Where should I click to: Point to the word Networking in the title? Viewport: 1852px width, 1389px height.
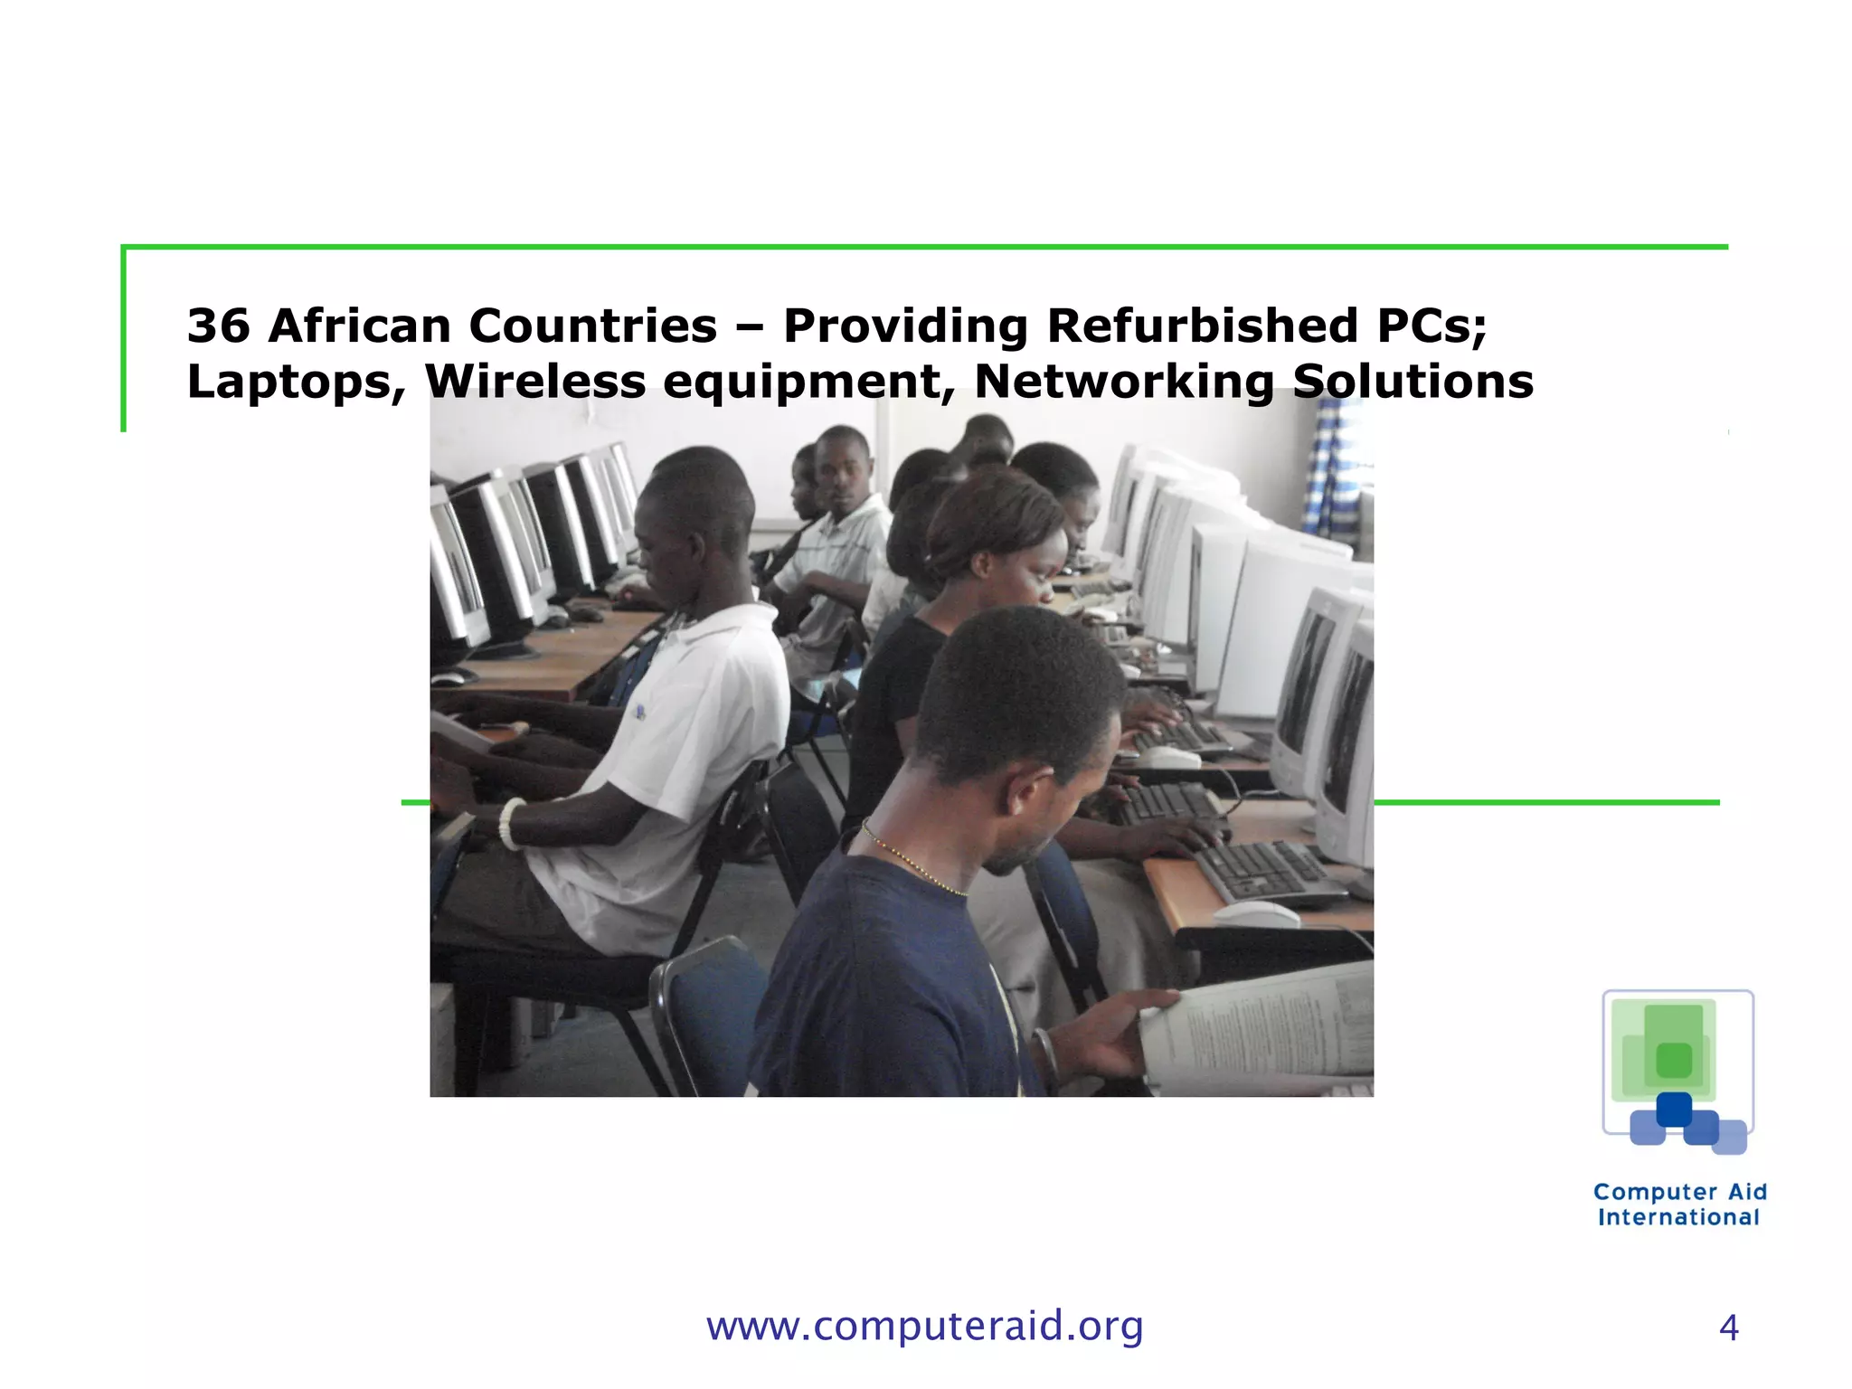click(1124, 383)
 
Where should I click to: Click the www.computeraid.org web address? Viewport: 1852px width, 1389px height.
click(924, 1327)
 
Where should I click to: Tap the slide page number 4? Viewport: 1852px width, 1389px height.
click(1728, 1328)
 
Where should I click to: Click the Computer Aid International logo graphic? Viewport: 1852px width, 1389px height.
click(1678, 1072)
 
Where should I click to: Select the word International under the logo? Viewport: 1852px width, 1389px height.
click(1678, 1218)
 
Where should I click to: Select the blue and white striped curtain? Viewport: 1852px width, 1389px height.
click(1334, 470)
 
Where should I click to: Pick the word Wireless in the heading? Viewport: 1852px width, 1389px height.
click(535, 383)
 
